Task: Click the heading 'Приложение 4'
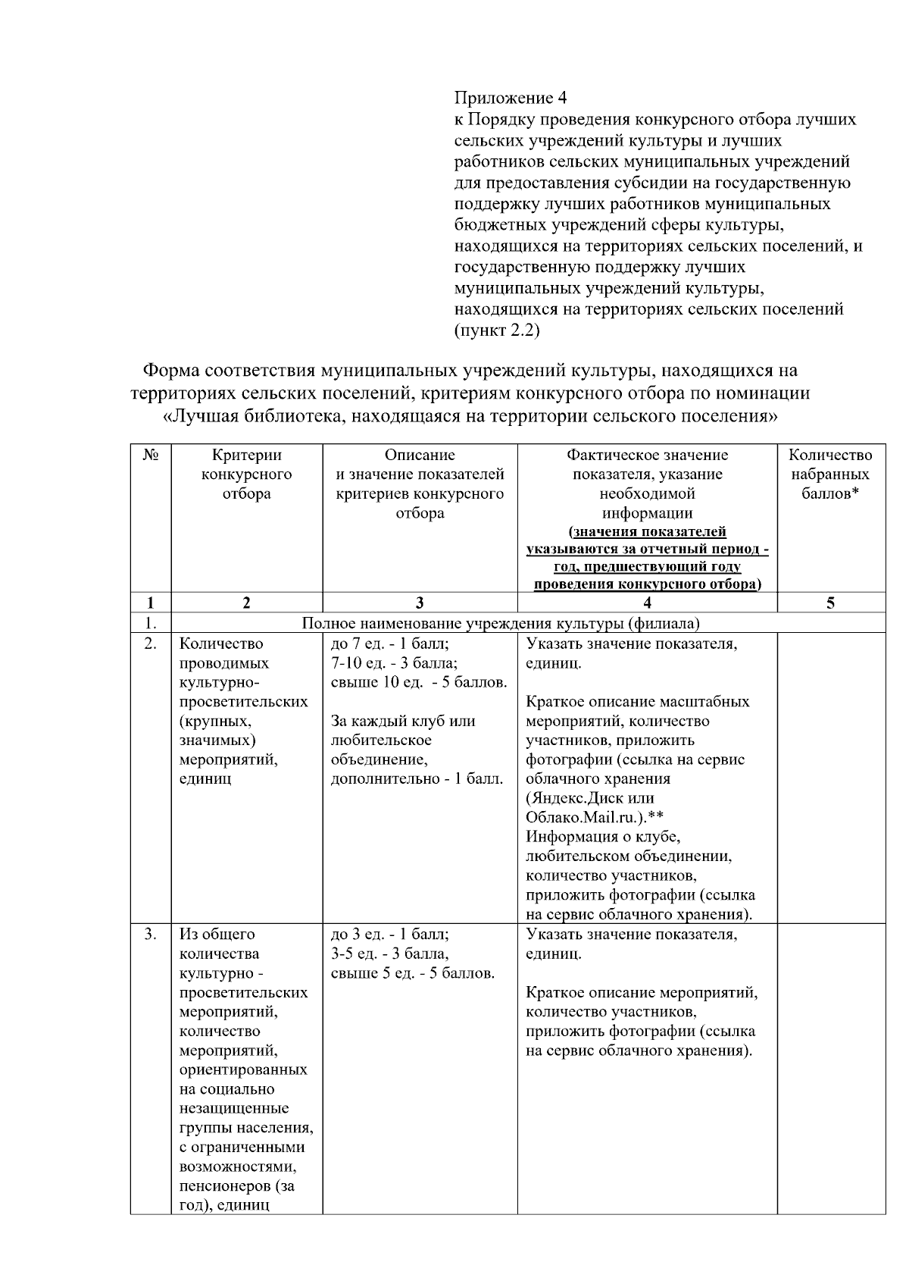pyautogui.click(x=510, y=98)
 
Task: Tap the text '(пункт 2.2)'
pyautogui.click(x=496, y=330)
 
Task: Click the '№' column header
pyautogui.click(x=150, y=455)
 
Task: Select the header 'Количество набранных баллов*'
pyautogui.click(x=830, y=474)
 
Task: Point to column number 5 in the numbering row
pyautogui.click(x=830, y=603)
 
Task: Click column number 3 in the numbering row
pyautogui.click(x=420, y=603)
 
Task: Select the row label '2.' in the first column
pyautogui.click(x=150, y=643)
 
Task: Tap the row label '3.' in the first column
pyautogui.click(x=150, y=934)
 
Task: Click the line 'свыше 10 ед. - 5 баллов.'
pyautogui.click(x=419, y=682)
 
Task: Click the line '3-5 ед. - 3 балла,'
pyautogui.click(x=389, y=954)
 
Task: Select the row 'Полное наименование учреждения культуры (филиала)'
pyautogui.click(x=500, y=624)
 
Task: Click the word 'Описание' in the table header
pyautogui.click(x=420, y=455)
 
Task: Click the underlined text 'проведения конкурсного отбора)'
pyautogui.click(x=647, y=584)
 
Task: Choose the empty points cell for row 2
pyautogui.click(x=830, y=777)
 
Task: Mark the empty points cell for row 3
pyautogui.click(x=830, y=1069)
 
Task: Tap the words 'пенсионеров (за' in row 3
pyautogui.click(x=236, y=1185)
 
